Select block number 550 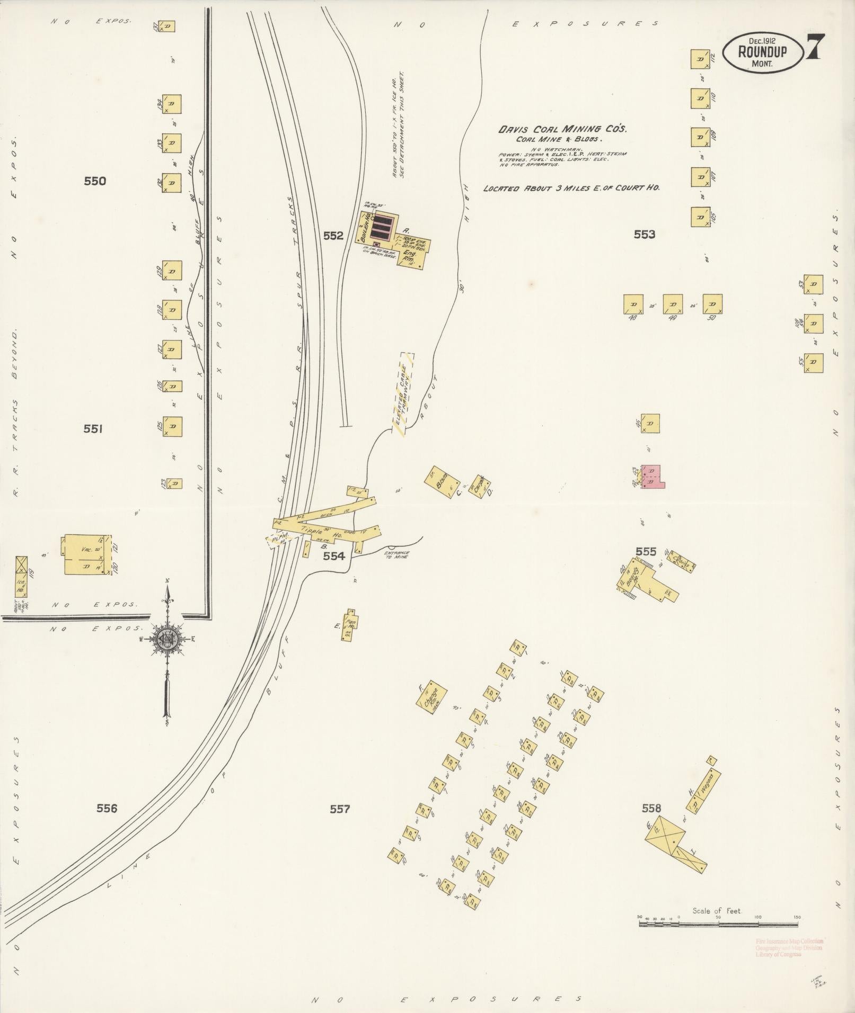coord(95,181)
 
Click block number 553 coord(645,234)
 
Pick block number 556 coord(107,823)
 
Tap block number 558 coord(651,823)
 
